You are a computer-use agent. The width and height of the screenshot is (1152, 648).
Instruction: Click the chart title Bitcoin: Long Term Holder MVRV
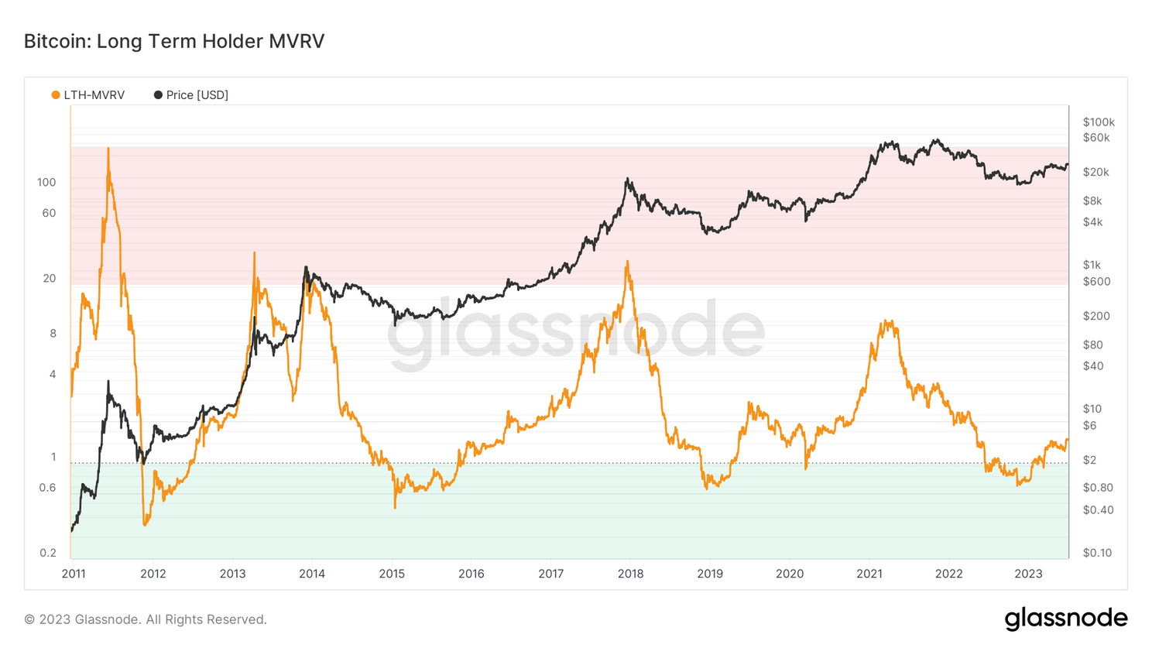[174, 41]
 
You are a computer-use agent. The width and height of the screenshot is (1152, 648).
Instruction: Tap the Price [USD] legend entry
[191, 95]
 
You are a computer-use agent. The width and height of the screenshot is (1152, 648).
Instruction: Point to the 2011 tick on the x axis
[74, 574]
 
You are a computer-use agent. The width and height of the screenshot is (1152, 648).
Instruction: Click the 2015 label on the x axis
[392, 574]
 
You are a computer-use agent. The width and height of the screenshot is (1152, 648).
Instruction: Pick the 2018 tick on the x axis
[630, 574]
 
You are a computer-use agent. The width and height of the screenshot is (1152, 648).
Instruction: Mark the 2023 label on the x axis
[1028, 574]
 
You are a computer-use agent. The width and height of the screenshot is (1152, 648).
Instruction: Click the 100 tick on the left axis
[46, 183]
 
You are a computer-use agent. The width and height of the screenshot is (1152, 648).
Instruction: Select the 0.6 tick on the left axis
[48, 488]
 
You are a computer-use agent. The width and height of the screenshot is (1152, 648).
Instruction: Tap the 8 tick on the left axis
[53, 334]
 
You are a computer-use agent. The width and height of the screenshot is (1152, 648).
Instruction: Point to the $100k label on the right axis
[1099, 122]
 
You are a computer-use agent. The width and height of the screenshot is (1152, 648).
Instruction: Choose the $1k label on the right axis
[1092, 265]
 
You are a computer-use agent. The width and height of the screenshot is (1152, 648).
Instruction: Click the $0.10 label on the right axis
[1097, 553]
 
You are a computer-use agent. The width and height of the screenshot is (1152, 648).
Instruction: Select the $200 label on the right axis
[1096, 316]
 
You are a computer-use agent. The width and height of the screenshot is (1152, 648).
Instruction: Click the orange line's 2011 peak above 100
[108, 149]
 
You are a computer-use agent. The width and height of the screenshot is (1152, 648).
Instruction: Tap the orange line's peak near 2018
[627, 262]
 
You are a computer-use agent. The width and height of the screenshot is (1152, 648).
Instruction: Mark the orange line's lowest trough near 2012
[145, 525]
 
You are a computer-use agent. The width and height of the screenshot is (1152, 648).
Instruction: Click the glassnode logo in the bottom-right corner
[1065, 619]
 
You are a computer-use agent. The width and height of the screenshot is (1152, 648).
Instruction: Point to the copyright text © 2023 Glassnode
[146, 619]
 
